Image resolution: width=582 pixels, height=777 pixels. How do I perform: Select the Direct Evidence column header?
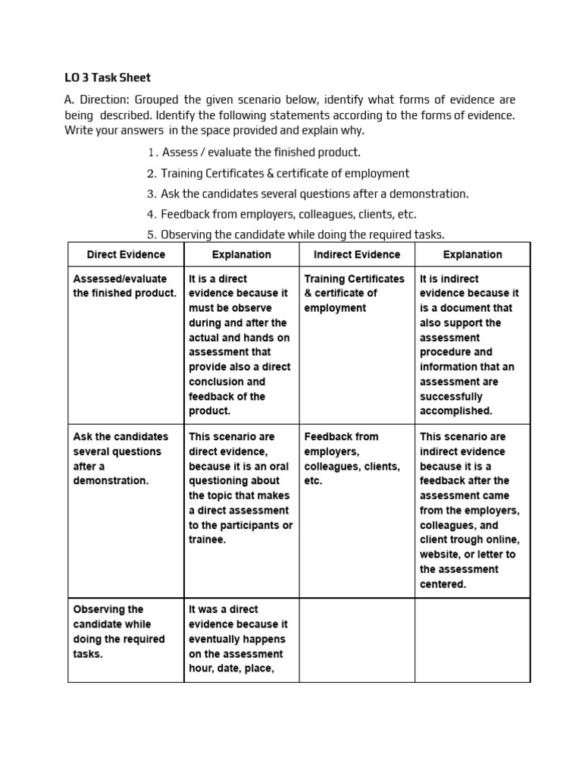[x=126, y=255]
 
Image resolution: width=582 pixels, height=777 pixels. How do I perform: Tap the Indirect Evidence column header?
[x=356, y=255]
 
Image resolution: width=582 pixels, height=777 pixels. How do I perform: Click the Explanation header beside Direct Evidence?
[x=241, y=255]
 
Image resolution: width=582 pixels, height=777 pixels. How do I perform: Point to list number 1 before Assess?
[x=152, y=152]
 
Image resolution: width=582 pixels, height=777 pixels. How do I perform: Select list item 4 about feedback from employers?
[x=288, y=214]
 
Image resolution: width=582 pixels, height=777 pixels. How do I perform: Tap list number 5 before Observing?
[x=152, y=234]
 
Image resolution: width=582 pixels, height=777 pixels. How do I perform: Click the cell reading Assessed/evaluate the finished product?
[x=124, y=286]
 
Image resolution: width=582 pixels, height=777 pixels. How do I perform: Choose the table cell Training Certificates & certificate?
[x=355, y=293]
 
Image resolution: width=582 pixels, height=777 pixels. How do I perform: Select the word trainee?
[x=207, y=539]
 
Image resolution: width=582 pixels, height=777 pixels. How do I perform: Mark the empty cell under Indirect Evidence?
[x=356, y=639]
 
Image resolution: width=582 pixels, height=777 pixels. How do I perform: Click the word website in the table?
[x=444, y=555]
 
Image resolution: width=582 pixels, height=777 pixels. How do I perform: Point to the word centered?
[x=443, y=584]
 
